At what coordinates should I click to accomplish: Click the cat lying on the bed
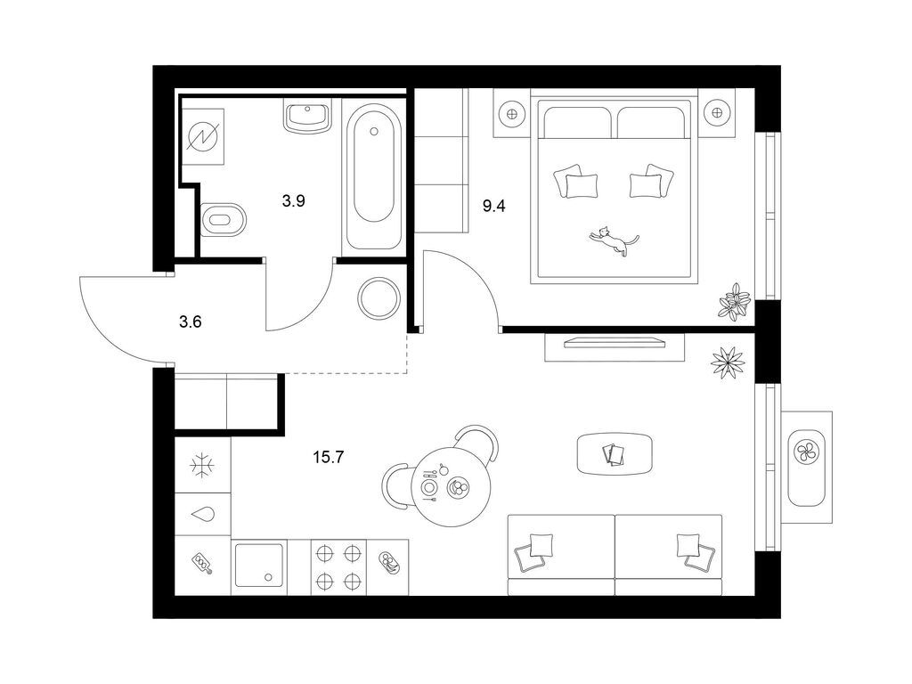click(613, 240)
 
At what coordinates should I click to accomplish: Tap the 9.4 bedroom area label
click(493, 206)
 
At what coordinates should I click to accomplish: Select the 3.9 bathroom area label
click(294, 201)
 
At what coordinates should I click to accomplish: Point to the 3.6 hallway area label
click(191, 321)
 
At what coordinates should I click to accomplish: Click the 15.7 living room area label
click(329, 457)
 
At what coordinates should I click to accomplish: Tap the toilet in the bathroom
click(224, 220)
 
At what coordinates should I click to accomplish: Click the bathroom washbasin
click(307, 116)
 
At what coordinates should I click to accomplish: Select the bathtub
click(374, 177)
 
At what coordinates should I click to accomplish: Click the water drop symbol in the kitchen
click(203, 514)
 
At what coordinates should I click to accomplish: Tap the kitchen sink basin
click(259, 566)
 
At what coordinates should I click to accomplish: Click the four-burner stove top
click(339, 566)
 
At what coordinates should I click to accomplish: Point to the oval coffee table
click(615, 453)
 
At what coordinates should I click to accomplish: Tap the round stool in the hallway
click(379, 297)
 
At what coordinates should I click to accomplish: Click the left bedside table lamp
click(512, 113)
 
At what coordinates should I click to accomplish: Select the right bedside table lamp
click(716, 113)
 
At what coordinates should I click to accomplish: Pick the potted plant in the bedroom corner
click(735, 301)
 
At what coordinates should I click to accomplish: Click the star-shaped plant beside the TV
click(728, 362)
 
